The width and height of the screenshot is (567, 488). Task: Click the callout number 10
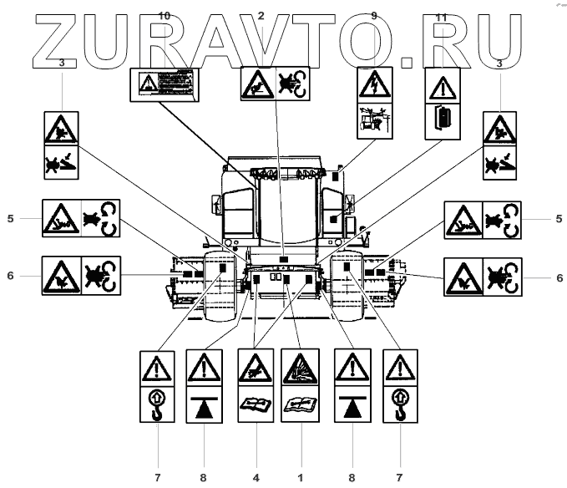[164, 16]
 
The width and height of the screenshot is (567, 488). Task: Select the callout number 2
[261, 16]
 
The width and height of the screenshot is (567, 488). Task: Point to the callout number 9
[373, 16]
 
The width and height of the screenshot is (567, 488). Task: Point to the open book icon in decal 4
[256, 407]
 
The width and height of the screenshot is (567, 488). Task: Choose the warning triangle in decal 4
[256, 369]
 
